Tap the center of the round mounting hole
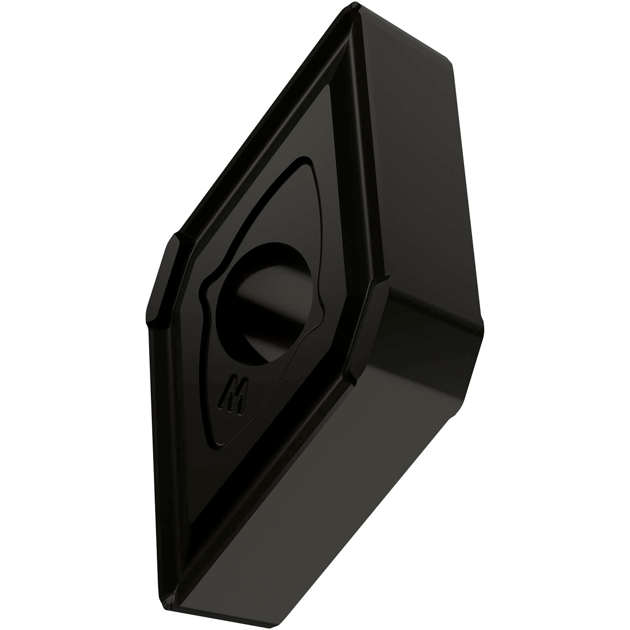266,302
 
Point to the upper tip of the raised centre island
309,162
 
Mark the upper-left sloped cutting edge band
260,126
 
